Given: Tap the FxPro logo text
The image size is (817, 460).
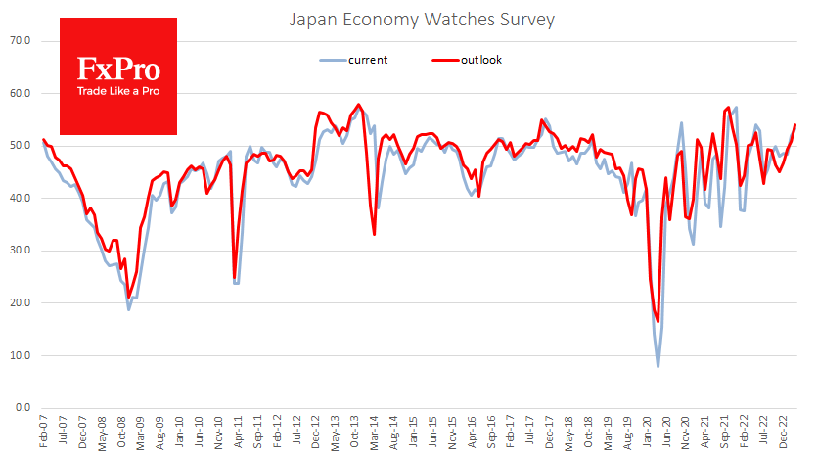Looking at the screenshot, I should click(118, 69).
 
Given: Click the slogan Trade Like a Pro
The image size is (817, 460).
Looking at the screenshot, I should click(118, 92).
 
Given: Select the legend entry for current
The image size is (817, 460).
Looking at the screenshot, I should click(368, 60).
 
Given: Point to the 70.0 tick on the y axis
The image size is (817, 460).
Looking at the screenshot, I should click(21, 41).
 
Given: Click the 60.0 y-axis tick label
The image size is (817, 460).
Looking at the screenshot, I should click(21, 94).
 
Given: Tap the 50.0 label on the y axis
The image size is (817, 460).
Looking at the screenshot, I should click(21, 146).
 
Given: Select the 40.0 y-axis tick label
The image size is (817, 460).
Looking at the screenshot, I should click(21, 199).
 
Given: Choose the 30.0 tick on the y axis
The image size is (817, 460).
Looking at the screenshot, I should click(21, 251).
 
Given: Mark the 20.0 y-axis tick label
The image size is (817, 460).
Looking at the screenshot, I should click(21, 303).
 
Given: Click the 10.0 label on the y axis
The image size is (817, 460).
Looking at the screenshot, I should click(21, 355).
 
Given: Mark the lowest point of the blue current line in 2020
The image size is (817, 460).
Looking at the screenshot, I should click(658, 367).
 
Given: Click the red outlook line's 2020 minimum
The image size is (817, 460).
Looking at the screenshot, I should click(658, 322).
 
